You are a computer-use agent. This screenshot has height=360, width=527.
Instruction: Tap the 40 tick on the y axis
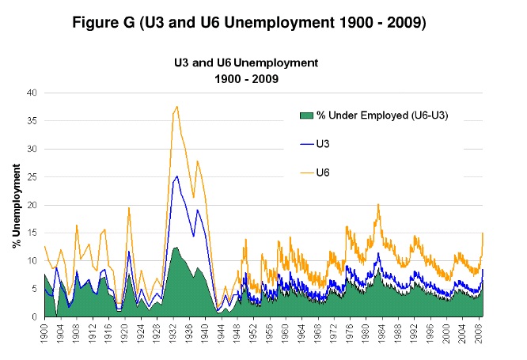pos(32,93)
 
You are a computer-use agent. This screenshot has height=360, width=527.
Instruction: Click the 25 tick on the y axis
pos(32,176)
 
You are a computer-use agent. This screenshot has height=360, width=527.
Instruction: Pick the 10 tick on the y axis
pos(32,260)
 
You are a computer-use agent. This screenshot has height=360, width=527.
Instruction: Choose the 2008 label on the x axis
pos(480,332)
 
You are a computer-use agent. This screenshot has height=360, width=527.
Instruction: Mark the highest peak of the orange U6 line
pos(176,106)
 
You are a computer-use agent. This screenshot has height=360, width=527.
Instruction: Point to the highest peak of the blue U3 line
pos(176,176)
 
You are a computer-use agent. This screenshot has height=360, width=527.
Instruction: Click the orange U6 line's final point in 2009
pos(483,233)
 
